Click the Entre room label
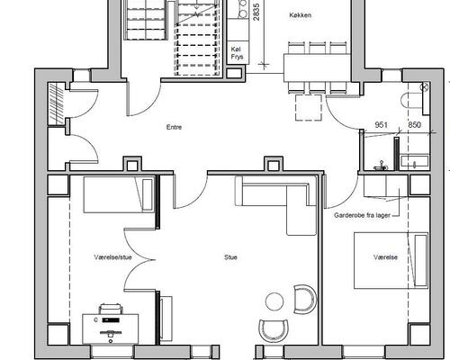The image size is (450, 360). coord(174,127)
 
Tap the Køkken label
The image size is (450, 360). coord(300,15)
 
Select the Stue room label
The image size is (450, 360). coord(230,257)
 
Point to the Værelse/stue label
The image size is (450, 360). coord(112,257)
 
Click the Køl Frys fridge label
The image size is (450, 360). coord(237,53)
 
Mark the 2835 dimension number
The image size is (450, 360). coord(256,12)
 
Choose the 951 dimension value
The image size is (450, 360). coord(381,125)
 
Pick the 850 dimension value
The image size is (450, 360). coord(414,125)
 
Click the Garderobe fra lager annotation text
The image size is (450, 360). coord(362,215)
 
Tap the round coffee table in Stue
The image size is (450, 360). coord(274,301)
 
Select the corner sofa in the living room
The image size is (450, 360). coord(276,205)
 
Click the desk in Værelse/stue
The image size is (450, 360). coord(111,328)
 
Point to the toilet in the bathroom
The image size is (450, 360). coord(412,101)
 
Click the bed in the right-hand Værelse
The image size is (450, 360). coord(391,260)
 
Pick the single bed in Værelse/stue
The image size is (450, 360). coord(119,194)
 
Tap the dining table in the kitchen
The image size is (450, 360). coord(318,67)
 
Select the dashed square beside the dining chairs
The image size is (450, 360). coord(309,107)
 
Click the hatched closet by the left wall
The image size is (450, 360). coord(56,103)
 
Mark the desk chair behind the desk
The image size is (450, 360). coord(111,309)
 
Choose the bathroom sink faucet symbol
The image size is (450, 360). coord(381,166)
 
